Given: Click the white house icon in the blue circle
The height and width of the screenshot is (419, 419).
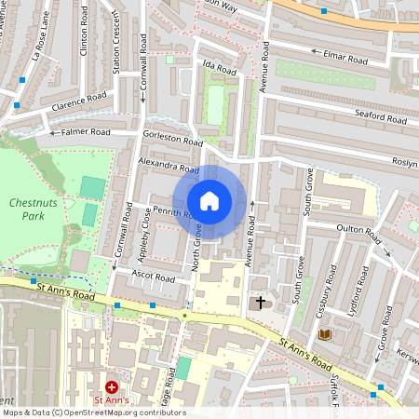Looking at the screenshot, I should click(209, 200).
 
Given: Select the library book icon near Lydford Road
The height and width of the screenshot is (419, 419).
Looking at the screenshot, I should click(324, 334).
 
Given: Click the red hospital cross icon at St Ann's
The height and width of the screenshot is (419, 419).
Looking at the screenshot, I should click(112, 386).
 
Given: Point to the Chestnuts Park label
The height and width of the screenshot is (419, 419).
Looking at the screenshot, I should click(34, 209).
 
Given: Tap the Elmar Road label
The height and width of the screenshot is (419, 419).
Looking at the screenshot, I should click(345, 55).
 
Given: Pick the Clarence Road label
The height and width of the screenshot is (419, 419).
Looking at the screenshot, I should click(82, 101).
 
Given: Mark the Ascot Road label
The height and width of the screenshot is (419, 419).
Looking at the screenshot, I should click(154, 277).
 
